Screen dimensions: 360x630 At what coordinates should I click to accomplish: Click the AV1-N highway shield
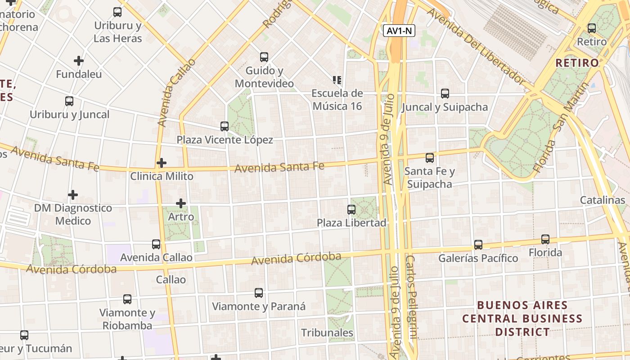coord(399,31)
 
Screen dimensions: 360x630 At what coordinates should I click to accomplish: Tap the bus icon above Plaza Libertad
coord(351,210)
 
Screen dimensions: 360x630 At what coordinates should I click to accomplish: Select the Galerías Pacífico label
coord(478,258)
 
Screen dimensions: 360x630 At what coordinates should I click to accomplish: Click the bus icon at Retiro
coord(592,28)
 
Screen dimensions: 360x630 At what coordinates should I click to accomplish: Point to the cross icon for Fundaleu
coord(79,60)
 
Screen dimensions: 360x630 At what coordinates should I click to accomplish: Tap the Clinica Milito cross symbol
coord(162,163)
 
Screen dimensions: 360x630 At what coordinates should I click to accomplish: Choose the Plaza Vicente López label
coord(225,140)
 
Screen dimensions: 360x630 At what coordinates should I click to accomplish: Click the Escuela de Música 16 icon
coord(337,80)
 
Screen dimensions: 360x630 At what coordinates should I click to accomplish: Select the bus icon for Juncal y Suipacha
coord(445,94)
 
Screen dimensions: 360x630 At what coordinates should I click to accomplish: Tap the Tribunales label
coord(327,333)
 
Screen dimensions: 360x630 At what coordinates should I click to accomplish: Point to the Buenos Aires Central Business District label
coord(522,319)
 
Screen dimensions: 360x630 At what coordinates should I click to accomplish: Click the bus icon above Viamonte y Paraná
coord(259,293)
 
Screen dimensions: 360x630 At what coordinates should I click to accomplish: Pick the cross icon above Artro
coord(181,203)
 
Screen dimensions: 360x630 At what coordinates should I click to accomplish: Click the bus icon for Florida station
coord(545,239)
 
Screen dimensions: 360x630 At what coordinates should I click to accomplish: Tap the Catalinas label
coord(602,200)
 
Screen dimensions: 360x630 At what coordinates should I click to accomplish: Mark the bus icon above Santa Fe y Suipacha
coord(430,158)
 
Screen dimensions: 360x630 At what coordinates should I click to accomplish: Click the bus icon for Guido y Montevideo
coord(264,57)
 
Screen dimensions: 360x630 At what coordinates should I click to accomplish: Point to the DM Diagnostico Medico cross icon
coord(73,195)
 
